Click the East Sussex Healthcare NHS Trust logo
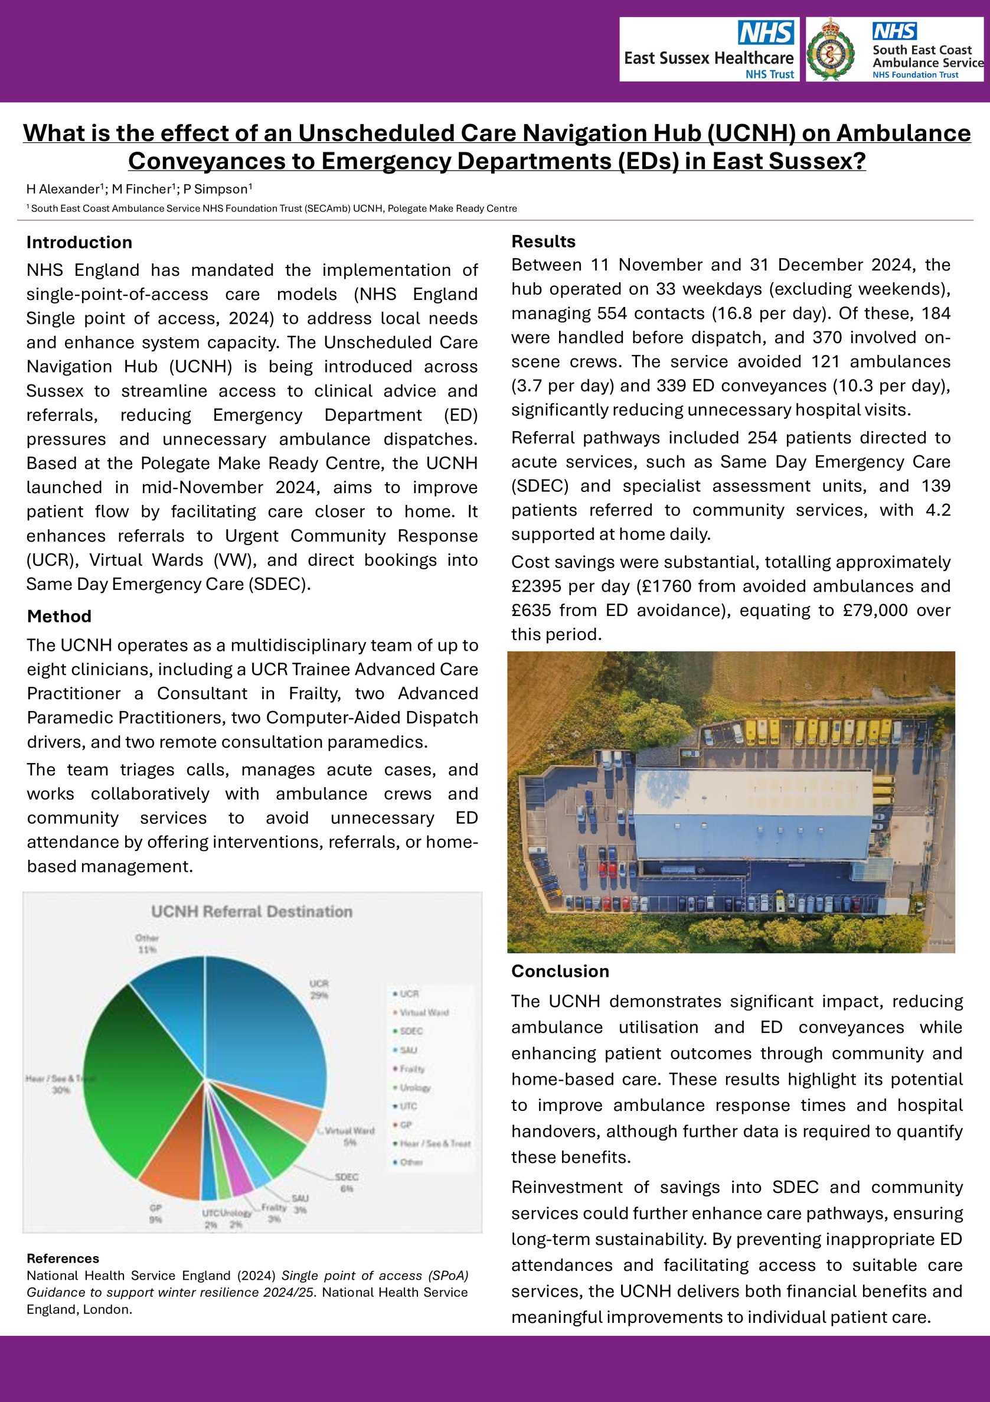[x=708, y=50]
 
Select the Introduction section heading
[x=79, y=242]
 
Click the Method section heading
[x=59, y=616]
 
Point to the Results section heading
[x=543, y=241]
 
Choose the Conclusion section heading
[x=560, y=971]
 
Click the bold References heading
[x=63, y=1258]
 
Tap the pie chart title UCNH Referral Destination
[x=251, y=912]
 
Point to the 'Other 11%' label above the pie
[x=147, y=943]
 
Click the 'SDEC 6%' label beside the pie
[x=347, y=1182]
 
